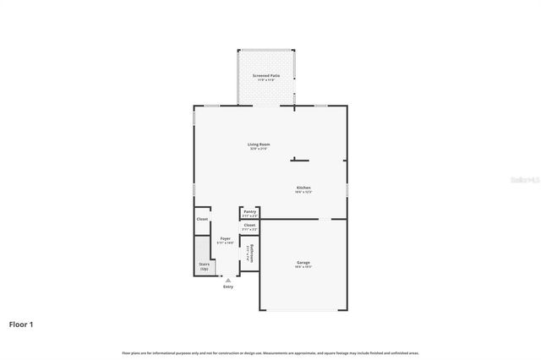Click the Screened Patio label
click(x=266, y=76)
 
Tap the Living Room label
click(x=259, y=145)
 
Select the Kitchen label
click(x=303, y=187)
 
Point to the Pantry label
click(x=250, y=211)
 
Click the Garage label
click(x=303, y=263)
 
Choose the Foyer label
click(x=226, y=238)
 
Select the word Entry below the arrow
click(x=228, y=287)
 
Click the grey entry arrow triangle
click(x=227, y=280)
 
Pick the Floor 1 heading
click(x=22, y=324)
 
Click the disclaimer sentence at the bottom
click(x=270, y=352)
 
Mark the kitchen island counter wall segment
click(x=300, y=160)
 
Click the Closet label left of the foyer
click(x=202, y=219)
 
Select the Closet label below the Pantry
click(x=250, y=225)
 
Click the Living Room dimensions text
click(x=259, y=149)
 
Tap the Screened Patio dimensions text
click(x=266, y=80)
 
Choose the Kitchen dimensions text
click(x=303, y=192)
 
